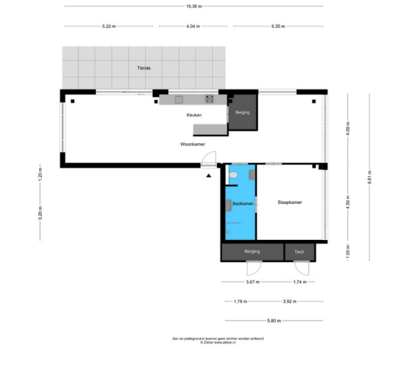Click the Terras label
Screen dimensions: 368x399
[x=144, y=68]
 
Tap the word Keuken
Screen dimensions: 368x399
[x=194, y=114]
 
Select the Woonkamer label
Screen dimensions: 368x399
[x=193, y=144]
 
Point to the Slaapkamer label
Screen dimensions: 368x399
[x=289, y=202]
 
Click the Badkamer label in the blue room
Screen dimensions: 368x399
[x=242, y=203]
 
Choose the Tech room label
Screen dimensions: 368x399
[x=299, y=251]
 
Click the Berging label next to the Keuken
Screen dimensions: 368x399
[x=242, y=112]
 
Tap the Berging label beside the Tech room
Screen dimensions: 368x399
[x=252, y=251]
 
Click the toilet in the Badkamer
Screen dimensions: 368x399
[x=234, y=174]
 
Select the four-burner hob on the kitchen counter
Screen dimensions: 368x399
[x=209, y=99]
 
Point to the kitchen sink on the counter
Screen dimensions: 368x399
[x=177, y=99]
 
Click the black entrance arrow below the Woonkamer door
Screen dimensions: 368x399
[x=208, y=176]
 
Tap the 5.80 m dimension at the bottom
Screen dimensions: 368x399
[x=272, y=320]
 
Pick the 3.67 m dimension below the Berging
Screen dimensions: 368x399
[x=252, y=282]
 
